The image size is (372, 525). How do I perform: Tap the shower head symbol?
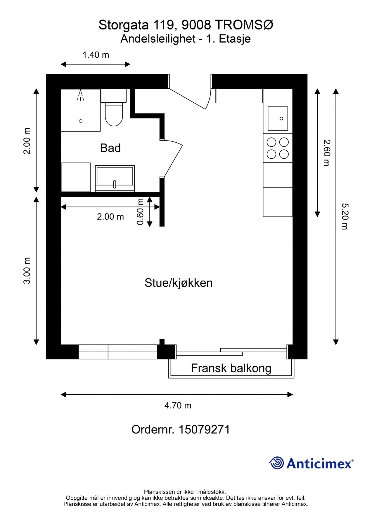(80, 95)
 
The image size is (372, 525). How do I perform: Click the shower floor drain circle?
(81, 121)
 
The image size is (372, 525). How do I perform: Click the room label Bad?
(110, 148)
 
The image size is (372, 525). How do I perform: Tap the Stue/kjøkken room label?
(178, 283)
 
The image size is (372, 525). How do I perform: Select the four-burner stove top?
(278, 148)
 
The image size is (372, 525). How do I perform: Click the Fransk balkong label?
(231, 368)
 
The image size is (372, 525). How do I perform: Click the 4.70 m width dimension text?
(178, 405)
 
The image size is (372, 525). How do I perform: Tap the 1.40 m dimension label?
(96, 55)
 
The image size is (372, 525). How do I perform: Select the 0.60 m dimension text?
(140, 211)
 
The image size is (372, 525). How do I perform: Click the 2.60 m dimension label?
(326, 153)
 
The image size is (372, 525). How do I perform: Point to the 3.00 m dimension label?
(27, 270)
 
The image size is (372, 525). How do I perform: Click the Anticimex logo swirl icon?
(276, 463)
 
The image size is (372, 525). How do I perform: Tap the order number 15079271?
(204, 430)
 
